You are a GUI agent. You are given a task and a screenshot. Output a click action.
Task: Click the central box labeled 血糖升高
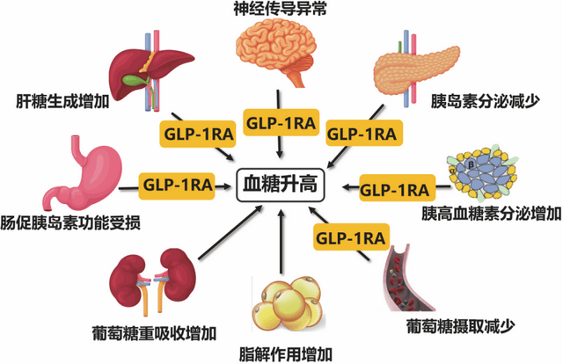(281, 186)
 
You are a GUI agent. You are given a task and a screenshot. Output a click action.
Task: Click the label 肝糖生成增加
(56, 99)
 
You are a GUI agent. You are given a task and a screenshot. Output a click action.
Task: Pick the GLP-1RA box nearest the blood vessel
(352, 237)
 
